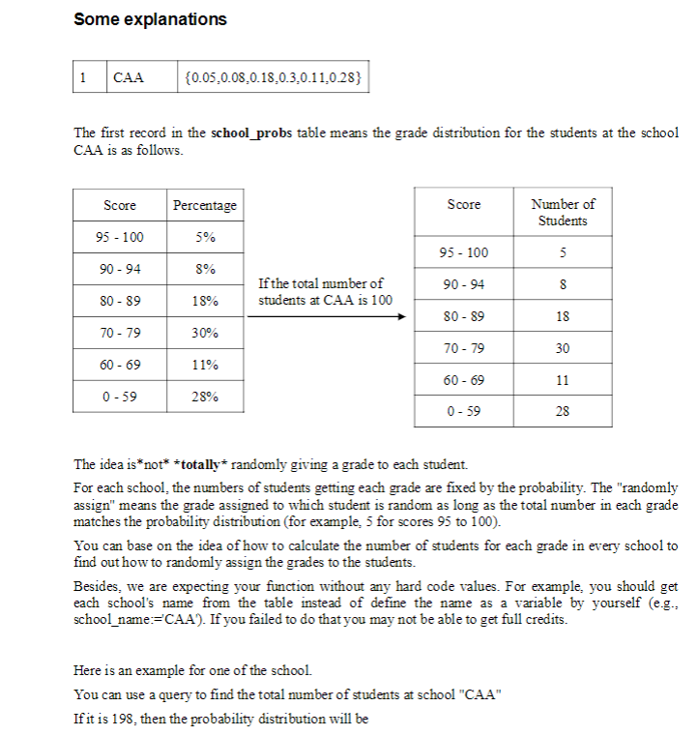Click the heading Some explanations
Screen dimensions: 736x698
tap(150, 19)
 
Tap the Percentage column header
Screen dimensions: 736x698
tap(204, 205)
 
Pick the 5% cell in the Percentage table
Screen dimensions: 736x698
tap(204, 237)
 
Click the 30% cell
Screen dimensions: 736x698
tap(204, 333)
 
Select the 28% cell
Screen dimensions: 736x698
tap(204, 397)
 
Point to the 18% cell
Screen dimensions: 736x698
tap(204, 301)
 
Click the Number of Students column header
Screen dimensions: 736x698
tap(563, 212)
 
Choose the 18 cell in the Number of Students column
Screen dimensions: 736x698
tap(563, 316)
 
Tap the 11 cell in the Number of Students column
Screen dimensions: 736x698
tap(563, 380)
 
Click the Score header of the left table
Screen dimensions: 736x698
tap(120, 205)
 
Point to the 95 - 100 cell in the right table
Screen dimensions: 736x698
tap(464, 252)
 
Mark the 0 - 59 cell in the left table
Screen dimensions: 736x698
tap(120, 397)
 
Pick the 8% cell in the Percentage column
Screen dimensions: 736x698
tap(204, 269)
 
